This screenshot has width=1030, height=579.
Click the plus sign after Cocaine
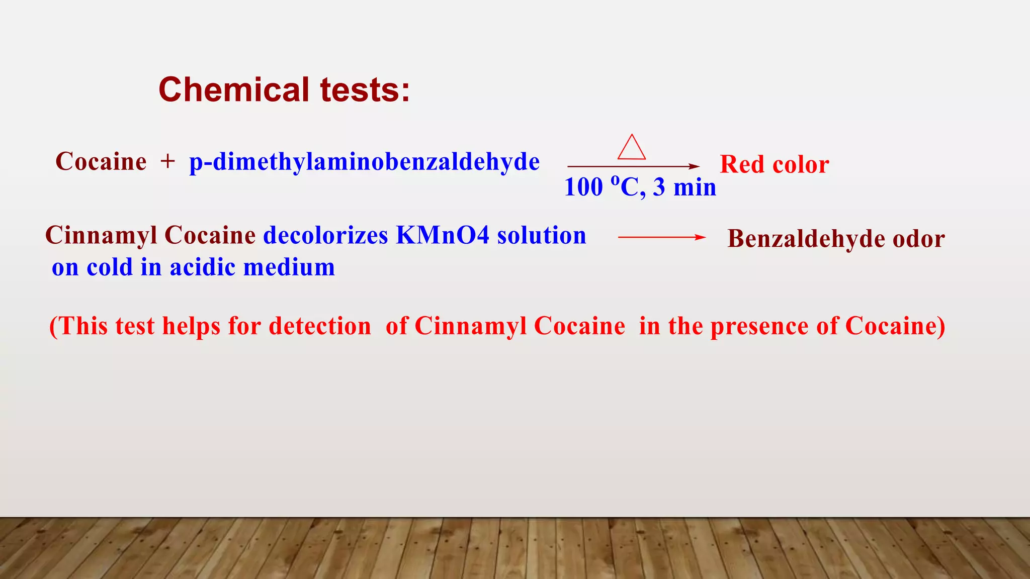tap(167, 162)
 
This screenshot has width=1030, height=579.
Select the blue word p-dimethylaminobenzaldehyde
tap(364, 162)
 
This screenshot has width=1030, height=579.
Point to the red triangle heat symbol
tap(631, 148)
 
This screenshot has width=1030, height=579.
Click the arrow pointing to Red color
tap(633, 166)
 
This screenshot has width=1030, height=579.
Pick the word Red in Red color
tap(742, 164)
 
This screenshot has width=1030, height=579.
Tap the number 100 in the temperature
tap(583, 187)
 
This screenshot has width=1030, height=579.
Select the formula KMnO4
tap(443, 235)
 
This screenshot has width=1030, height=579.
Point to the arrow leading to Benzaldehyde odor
tap(661, 237)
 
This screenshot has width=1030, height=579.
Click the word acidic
tap(202, 267)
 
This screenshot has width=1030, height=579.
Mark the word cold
tap(110, 267)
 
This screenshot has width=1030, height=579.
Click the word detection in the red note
tap(320, 326)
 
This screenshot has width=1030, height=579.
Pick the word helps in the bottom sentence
tap(191, 326)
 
